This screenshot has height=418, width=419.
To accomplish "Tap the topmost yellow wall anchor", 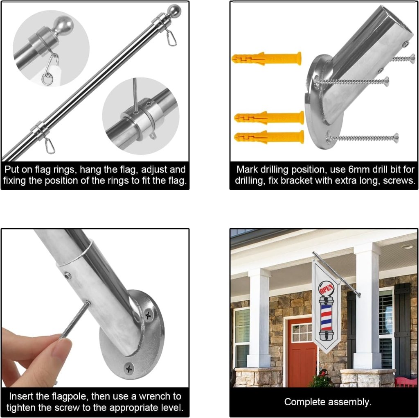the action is pyautogui.click(x=266, y=59).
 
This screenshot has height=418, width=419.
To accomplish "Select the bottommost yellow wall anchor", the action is pyautogui.click(x=269, y=137).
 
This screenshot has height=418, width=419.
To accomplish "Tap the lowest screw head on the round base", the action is pyautogui.click(x=129, y=369).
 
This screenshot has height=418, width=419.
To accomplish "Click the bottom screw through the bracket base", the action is pyautogui.click(x=362, y=138).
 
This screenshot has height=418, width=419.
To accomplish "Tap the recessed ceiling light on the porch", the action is pyautogui.click(x=408, y=247).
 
